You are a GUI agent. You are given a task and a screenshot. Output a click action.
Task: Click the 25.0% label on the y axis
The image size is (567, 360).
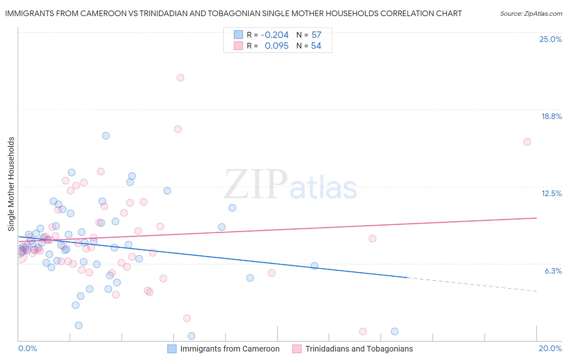point(550,39)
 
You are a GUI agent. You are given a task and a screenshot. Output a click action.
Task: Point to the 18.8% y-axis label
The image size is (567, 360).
point(551,116)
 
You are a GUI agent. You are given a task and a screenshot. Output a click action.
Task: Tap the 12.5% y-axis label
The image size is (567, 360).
point(551,193)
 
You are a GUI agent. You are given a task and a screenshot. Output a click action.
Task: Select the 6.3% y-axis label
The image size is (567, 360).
point(553,271)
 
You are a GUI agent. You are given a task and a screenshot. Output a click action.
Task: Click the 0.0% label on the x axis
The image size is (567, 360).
point(27,348)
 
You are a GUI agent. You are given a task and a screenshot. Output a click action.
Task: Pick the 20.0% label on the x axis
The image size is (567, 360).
point(550,348)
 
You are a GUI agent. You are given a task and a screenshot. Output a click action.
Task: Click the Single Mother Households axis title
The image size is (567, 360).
point(11,184)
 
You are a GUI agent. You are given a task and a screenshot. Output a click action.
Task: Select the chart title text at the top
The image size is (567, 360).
point(233,13)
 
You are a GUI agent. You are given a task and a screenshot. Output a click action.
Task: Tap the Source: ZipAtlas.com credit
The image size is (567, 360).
point(531,13)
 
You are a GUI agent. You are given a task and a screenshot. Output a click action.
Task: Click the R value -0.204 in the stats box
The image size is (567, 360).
point(275,35)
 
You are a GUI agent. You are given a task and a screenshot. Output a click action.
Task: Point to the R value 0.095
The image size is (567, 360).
point(276,46)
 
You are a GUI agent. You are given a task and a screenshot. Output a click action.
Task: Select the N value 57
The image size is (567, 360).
point(316,35)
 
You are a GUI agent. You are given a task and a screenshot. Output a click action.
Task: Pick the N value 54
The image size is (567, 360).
point(316,46)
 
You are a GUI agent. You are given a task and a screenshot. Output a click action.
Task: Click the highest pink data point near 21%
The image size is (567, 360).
point(180,77)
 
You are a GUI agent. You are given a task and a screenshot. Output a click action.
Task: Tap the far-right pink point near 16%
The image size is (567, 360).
point(527,142)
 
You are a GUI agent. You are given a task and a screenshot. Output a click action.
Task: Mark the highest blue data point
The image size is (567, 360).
point(106,136)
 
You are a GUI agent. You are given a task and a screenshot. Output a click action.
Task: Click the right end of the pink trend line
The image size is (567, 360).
point(536,218)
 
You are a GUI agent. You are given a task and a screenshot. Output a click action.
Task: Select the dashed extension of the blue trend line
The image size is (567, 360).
point(472,285)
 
